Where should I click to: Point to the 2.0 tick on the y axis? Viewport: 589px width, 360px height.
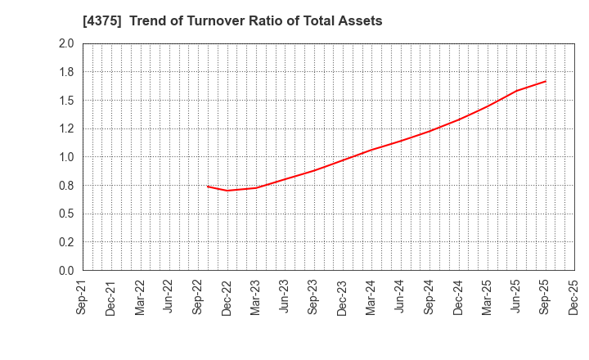[66, 43]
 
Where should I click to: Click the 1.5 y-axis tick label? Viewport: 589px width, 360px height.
[66, 101]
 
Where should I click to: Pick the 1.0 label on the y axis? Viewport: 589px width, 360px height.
[66, 157]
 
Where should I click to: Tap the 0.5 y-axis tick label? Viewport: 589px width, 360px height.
[66, 214]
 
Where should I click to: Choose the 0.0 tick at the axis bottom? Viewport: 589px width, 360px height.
[66, 271]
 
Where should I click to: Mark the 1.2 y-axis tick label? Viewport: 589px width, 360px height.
[66, 128]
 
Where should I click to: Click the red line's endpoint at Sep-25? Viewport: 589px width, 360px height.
[545, 81]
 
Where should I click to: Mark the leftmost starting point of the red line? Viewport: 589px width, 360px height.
[208, 187]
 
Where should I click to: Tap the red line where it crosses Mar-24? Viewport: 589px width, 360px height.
[371, 150]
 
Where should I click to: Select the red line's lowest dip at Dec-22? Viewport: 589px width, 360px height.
[227, 191]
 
